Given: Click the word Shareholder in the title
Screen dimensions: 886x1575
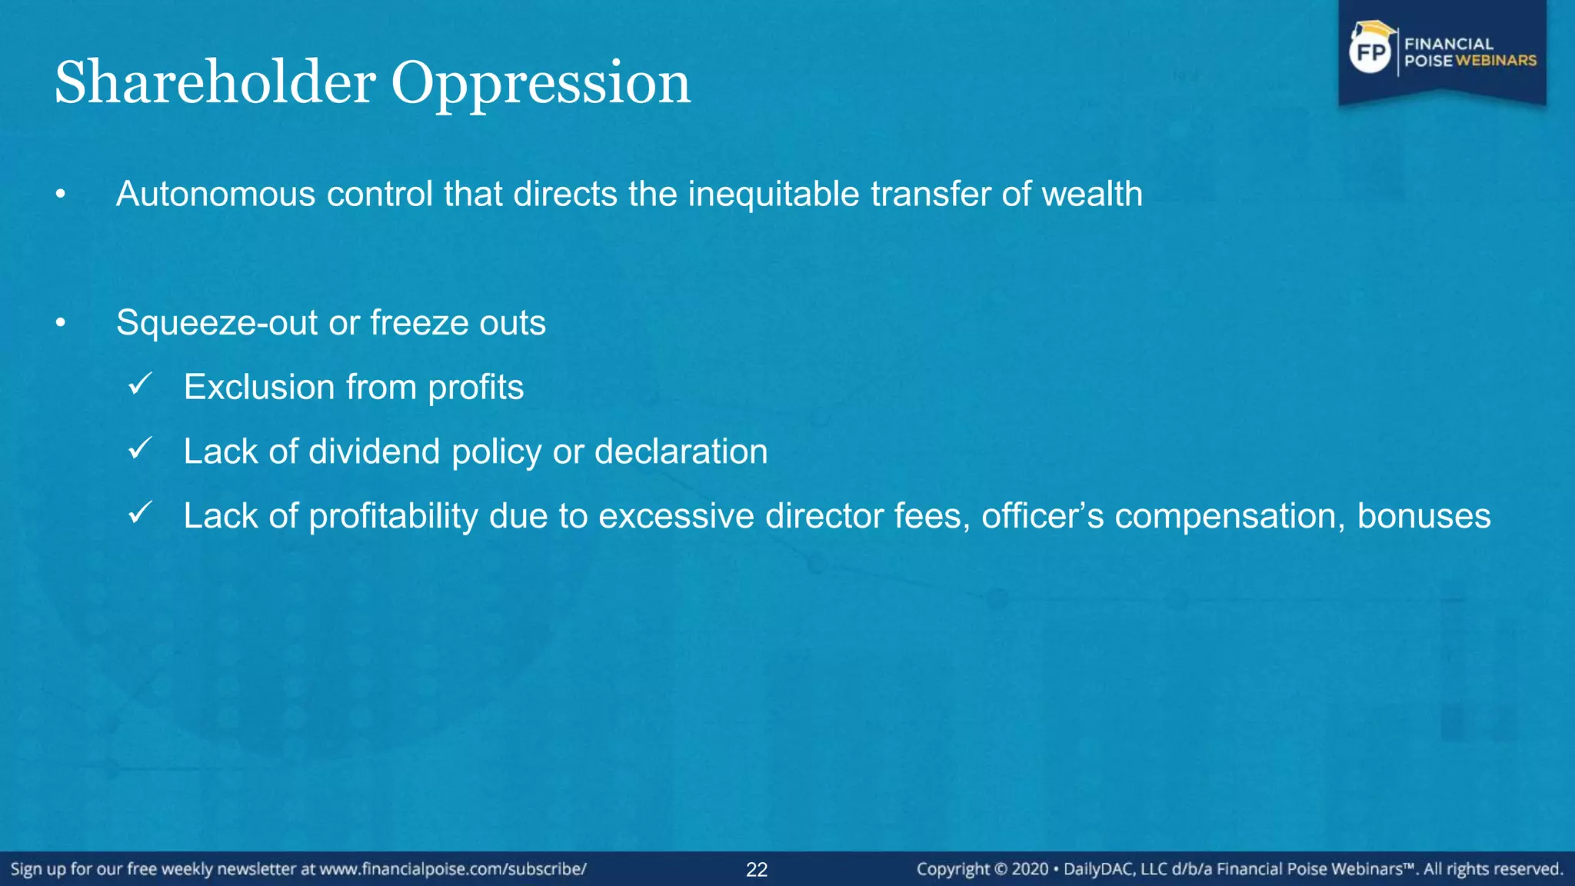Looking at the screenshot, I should click(x=215, y=82).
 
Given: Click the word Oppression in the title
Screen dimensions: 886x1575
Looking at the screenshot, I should click(x=541, y=82).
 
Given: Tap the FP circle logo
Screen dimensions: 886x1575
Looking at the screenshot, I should click(x=1371, y=52).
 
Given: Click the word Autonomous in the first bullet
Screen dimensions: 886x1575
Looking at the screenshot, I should click(x=215, y=194).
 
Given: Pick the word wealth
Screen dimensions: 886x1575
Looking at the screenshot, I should click(x=1092, y=194).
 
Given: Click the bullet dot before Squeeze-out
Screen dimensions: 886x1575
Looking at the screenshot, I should click(x=61, y=323).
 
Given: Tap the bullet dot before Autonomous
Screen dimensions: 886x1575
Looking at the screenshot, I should click(x=61, y=195).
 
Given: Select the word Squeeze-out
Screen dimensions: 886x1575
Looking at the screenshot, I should click(x=217, y=323).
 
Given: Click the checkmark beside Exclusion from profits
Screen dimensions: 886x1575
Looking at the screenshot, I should click(x=141, y=385).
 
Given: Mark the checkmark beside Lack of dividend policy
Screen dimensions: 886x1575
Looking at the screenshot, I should click(x=141, y=449).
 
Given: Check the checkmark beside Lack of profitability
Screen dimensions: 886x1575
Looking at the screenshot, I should click(x=141, y=513).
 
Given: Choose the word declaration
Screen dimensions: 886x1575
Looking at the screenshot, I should click(x=681, y=451).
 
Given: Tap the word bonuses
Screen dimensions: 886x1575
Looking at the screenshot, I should click(x=1423, y=516).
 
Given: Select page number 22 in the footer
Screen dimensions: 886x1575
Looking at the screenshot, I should click(x=757, y=870).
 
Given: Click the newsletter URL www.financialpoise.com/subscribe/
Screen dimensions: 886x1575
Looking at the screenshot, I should click(x=453, y=869).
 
